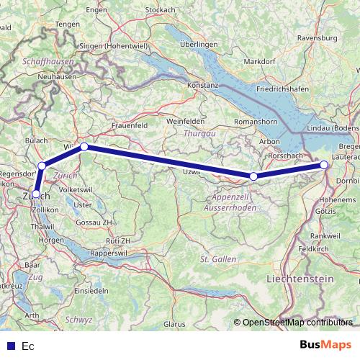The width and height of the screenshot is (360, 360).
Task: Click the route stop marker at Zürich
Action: click(x=36, y=194)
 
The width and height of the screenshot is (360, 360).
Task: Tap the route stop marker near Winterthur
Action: click(x=84, y=147)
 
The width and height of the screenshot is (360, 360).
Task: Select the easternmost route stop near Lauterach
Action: click(x=324, y=165)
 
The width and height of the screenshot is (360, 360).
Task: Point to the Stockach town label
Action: click(x=181, y=9)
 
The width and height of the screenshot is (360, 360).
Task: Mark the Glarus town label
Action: click(x=175, y=325)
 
